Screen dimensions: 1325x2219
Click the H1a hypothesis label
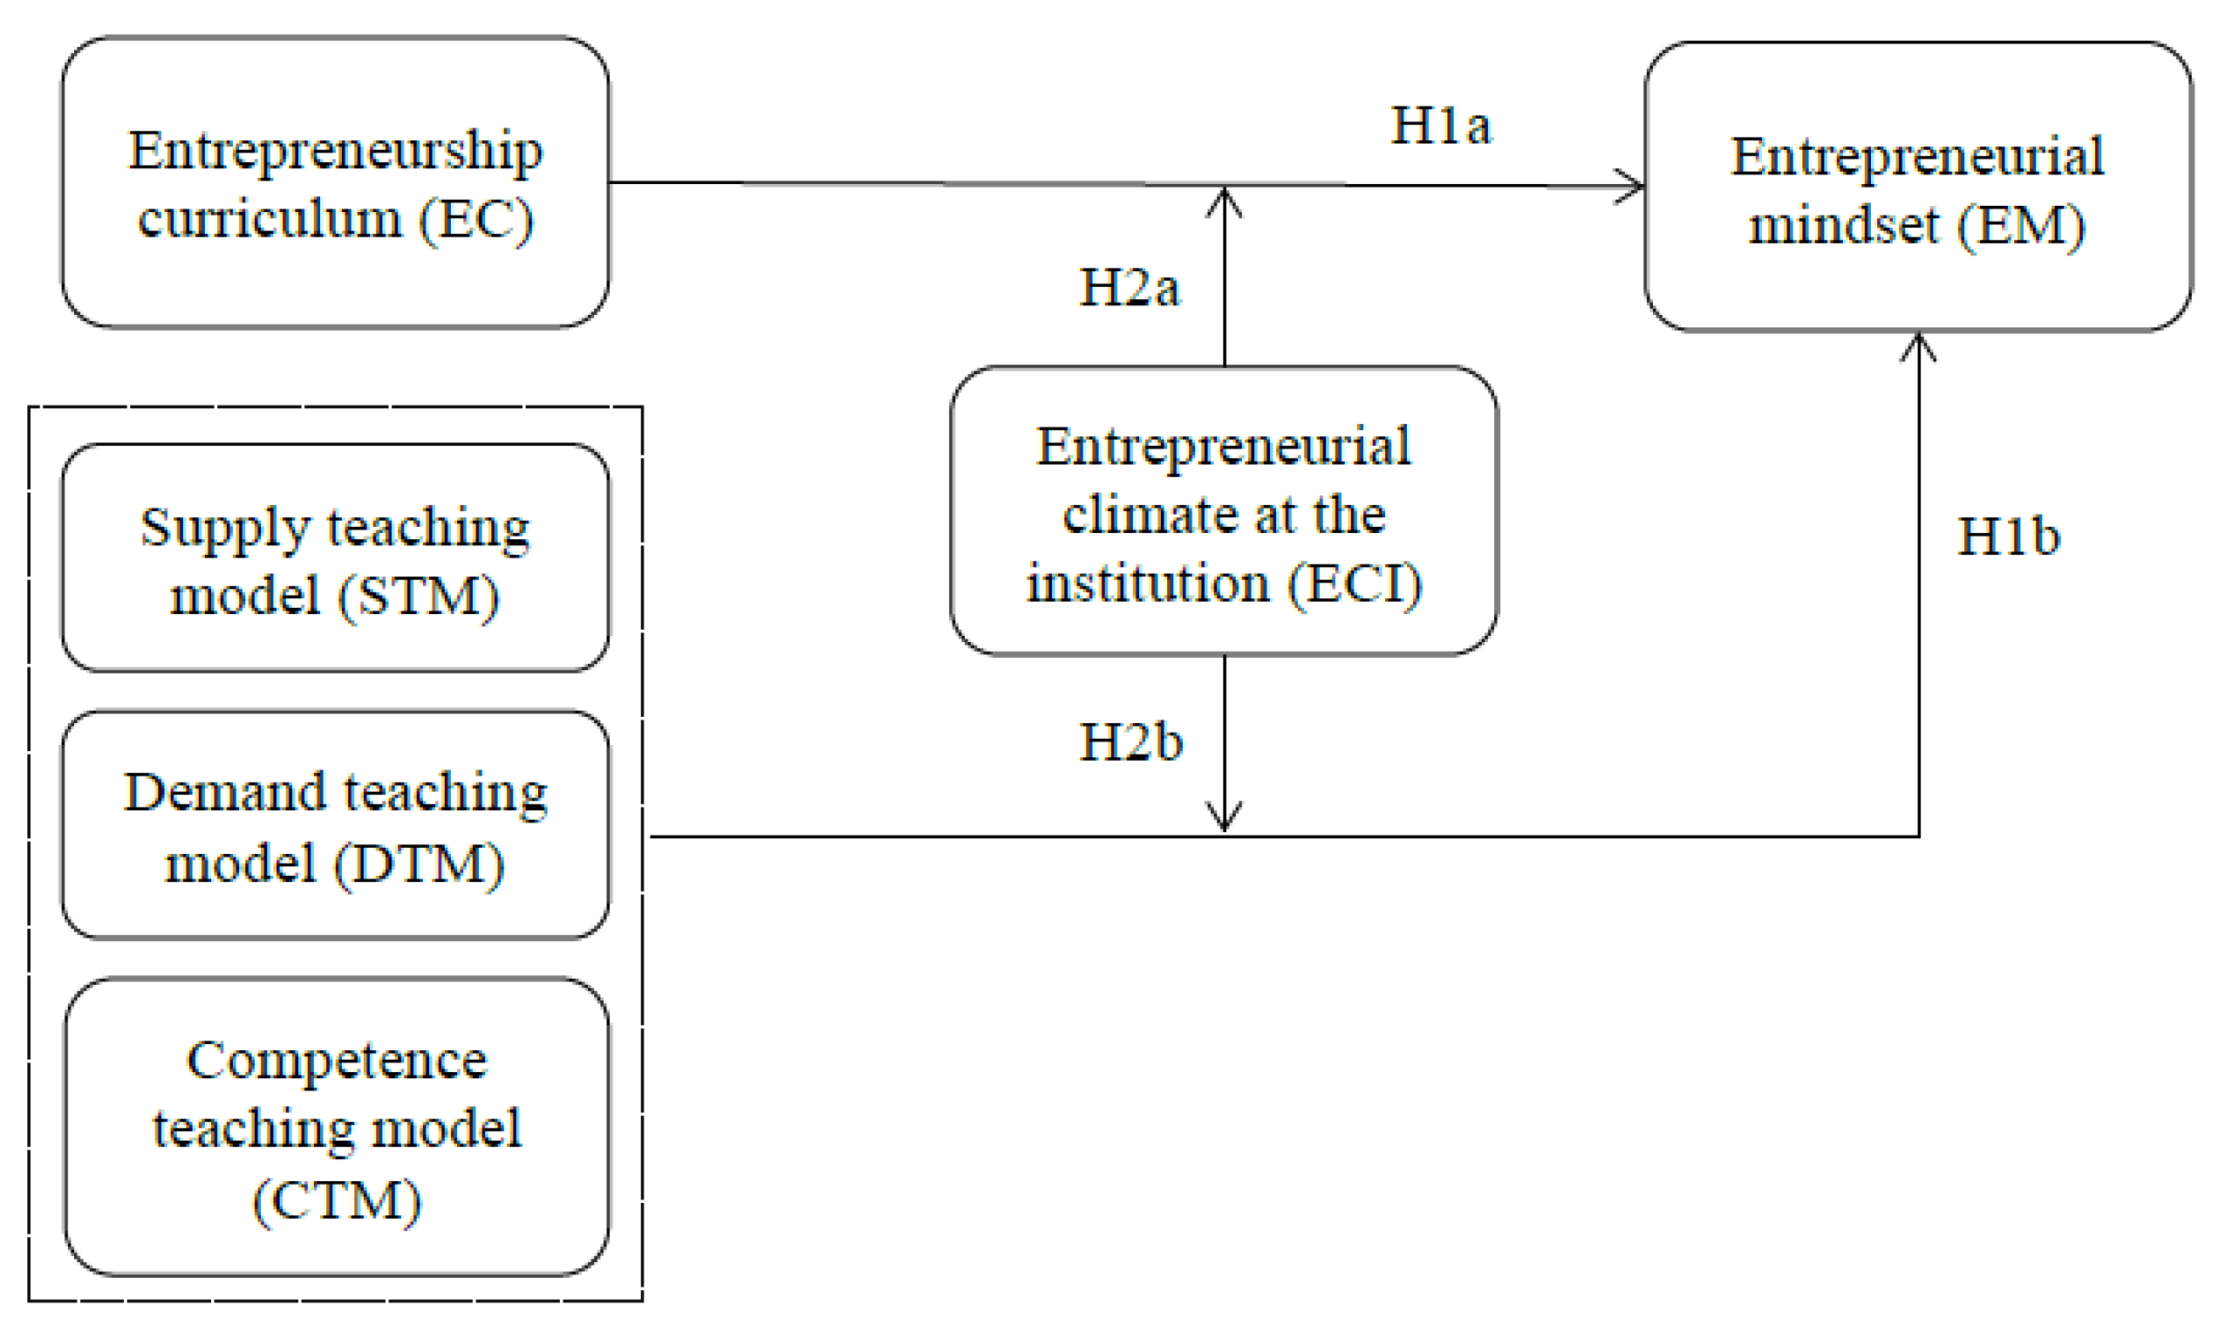(1441, 125)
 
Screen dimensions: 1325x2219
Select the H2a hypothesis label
(1130, 288)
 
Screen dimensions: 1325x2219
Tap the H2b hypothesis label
(1131, 742)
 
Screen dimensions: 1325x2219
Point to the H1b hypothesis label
(2008, 537)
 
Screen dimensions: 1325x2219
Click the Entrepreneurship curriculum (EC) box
(336, 183)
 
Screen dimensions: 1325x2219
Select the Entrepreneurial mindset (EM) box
(1917, 188)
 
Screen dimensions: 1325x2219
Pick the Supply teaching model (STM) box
(336, 559)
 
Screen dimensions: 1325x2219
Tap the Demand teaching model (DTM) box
(336, 826)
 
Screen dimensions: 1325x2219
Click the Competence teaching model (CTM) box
(337, 1128)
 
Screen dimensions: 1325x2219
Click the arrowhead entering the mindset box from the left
(1634, 187)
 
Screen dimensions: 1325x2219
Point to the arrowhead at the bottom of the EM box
(1918, 344)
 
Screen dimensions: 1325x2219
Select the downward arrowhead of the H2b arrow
(1224, 819)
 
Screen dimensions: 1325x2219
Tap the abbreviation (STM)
(418, 597)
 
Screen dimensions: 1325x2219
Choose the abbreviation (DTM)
(419, 864)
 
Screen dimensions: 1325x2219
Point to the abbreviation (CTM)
(337, 1201)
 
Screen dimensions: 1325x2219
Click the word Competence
(337, 1061)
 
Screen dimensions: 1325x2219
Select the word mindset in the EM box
(1843, 225)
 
